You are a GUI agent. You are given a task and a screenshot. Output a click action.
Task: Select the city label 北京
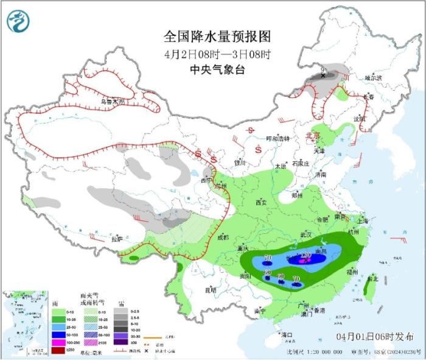click(312, 136)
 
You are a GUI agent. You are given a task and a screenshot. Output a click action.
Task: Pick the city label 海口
click(287, 334)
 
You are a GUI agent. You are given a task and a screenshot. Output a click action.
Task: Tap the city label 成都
click(222, 237)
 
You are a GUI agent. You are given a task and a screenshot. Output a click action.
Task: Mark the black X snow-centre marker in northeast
click(323, 75)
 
